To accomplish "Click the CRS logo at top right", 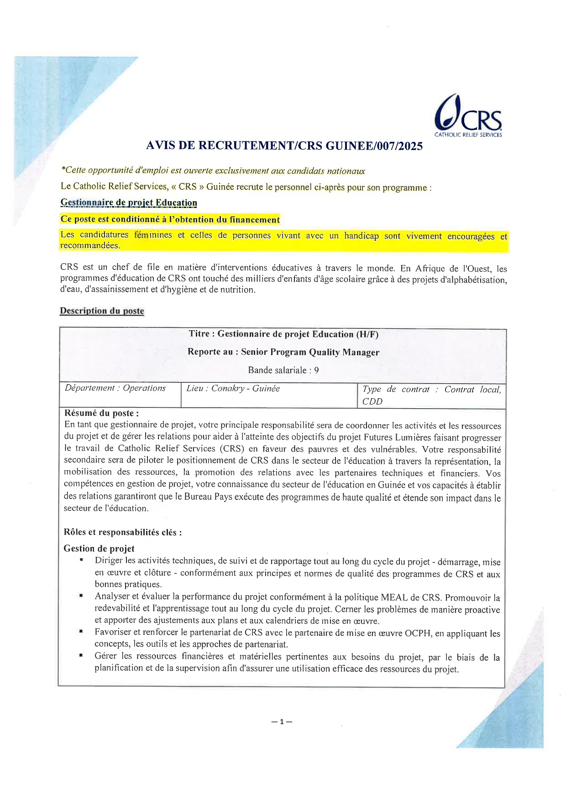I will (468, 116).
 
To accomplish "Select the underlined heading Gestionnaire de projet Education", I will (129, 203).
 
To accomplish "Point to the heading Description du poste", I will (102, 311).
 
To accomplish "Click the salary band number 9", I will (316, 370).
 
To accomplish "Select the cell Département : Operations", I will (115, 388).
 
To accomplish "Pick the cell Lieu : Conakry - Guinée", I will (233, 389).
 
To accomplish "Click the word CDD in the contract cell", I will (372, 401).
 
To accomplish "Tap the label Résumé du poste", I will (101, 413).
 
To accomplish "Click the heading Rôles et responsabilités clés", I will (122, 532).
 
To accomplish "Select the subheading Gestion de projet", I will (99, 549).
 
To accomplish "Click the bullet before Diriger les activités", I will (81, 560).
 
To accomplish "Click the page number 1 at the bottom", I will (282, 722).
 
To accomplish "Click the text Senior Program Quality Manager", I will (310, 352).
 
